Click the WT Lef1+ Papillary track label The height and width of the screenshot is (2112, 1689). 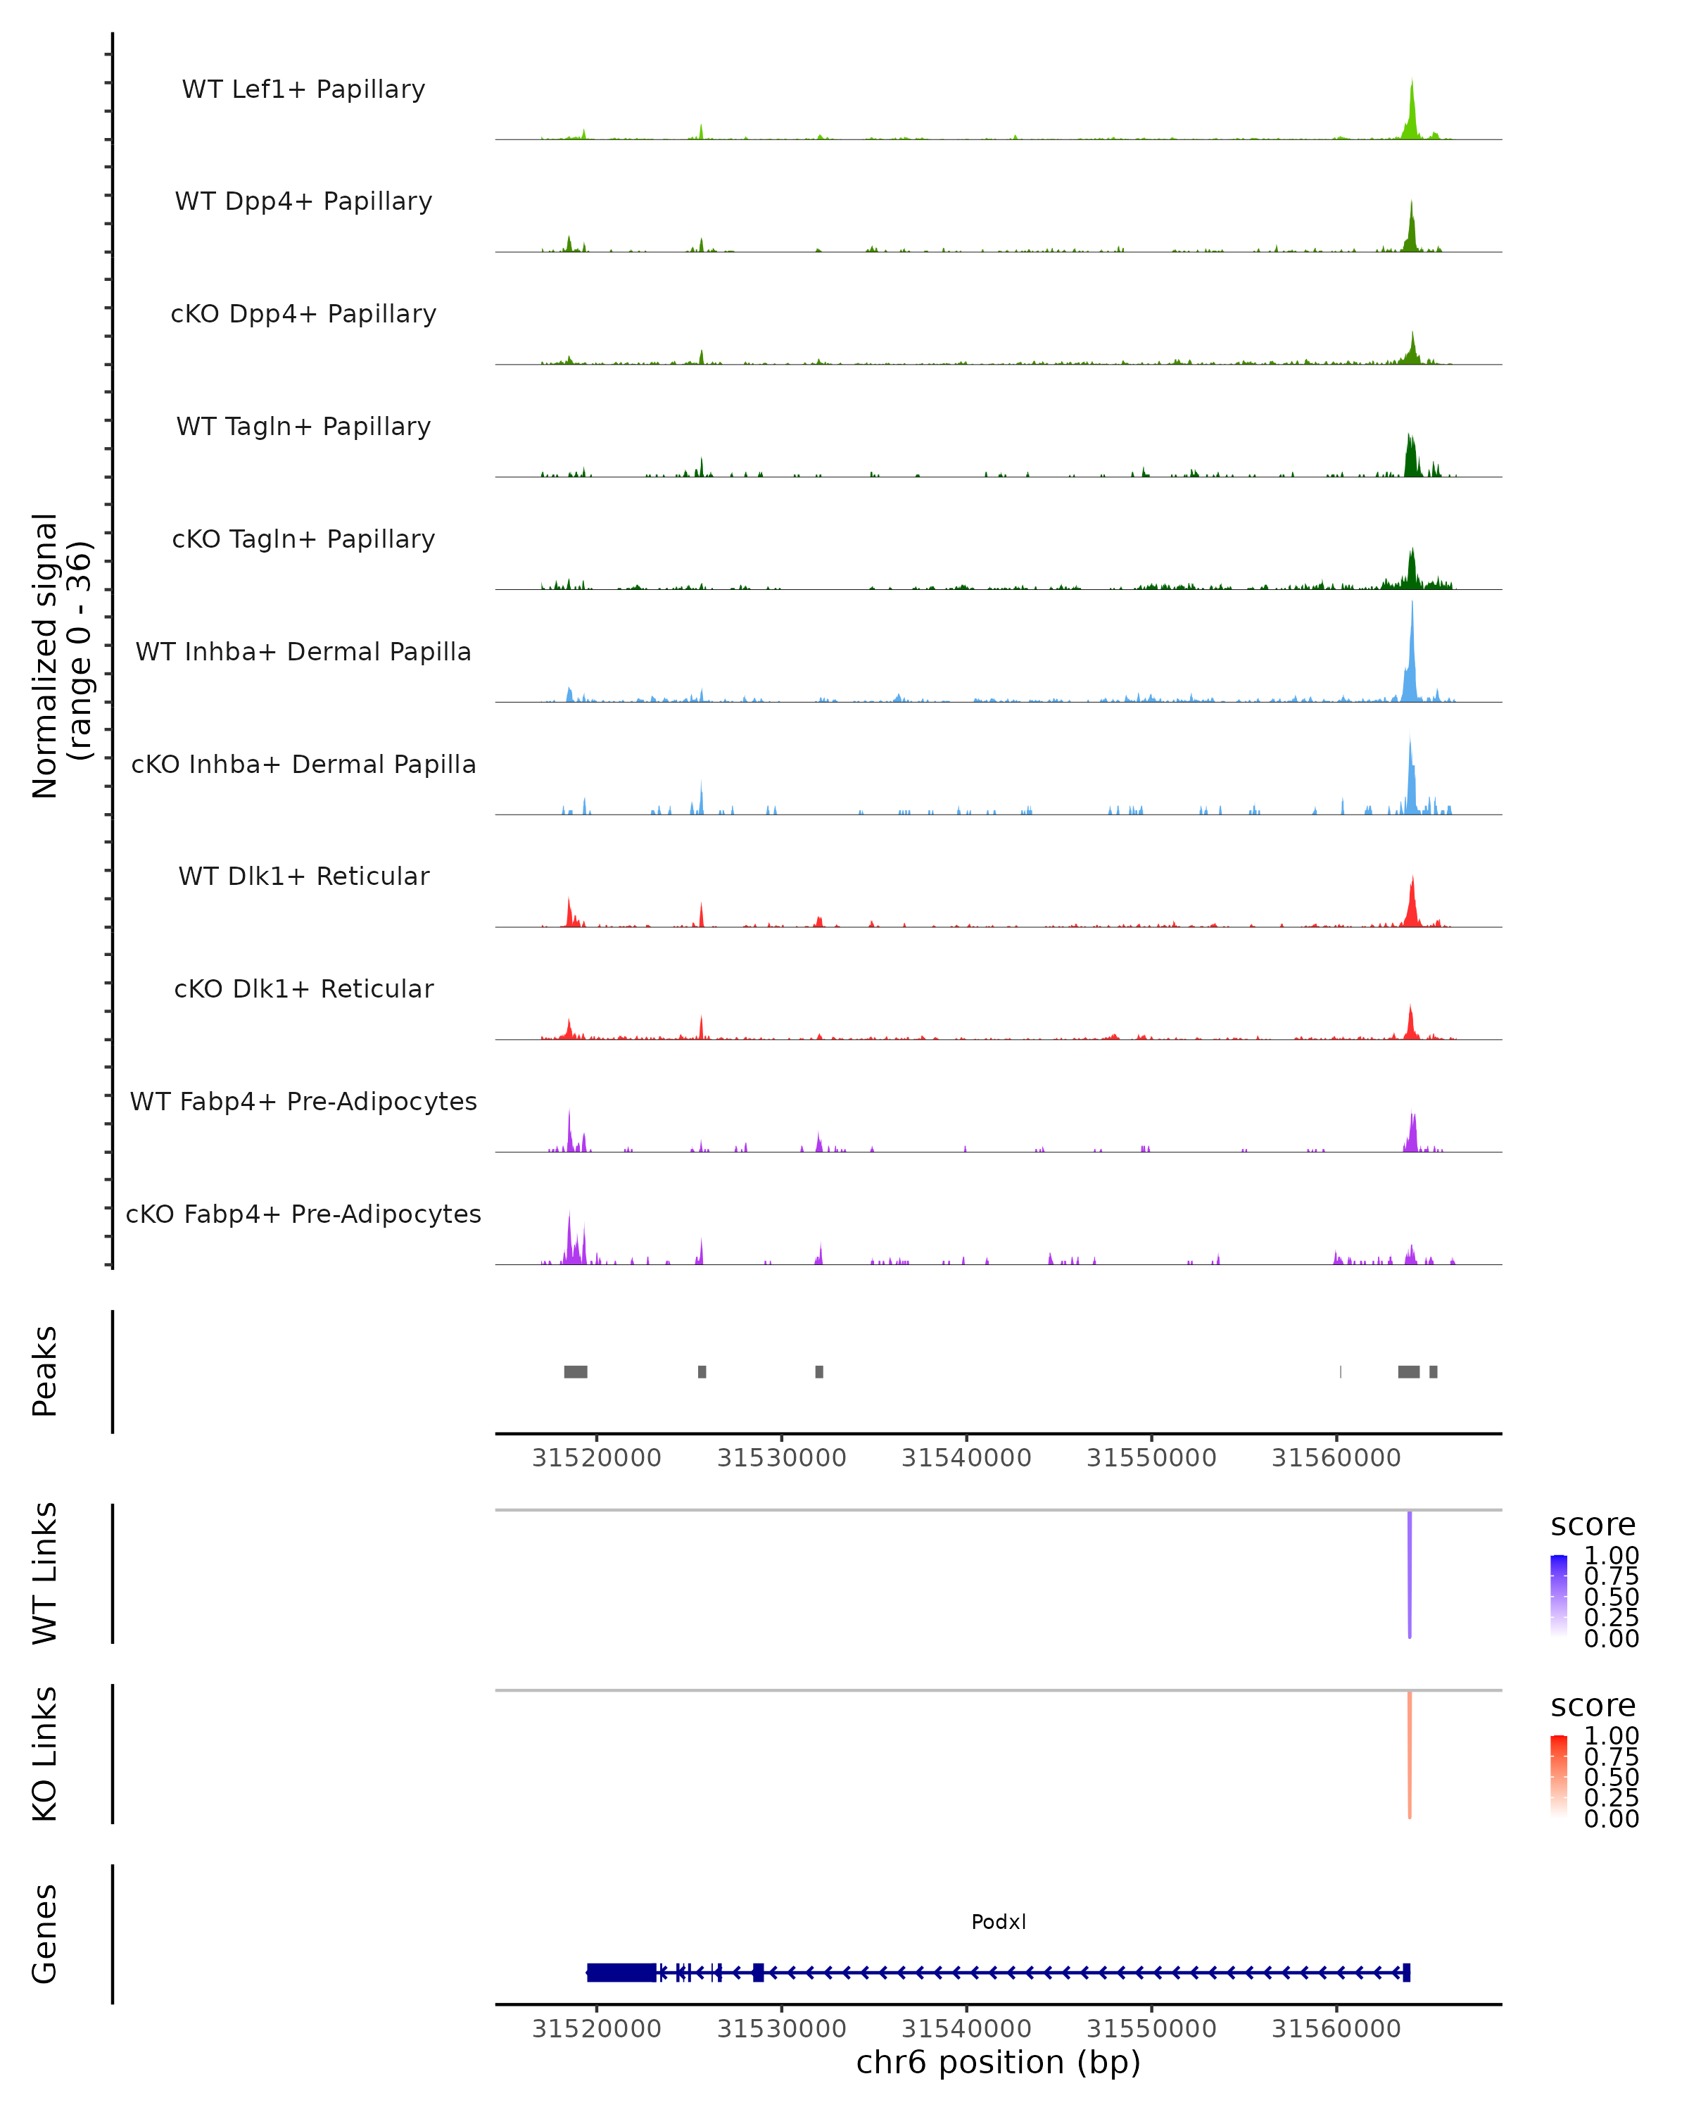coord(303,89)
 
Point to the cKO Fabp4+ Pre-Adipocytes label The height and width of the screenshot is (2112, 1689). coord(303,1214)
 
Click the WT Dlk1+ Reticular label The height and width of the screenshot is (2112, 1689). coord(303,876)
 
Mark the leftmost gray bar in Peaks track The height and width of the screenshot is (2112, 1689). coord(576,1371)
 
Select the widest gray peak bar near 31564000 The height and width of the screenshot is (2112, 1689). coord(1409,1371)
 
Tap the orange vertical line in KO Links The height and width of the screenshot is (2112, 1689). coord(1410,1754)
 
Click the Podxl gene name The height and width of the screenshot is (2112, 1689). coord(999,1922)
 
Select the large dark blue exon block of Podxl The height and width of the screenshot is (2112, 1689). coord(621,1973)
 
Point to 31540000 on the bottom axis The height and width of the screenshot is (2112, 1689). coord(966,2029)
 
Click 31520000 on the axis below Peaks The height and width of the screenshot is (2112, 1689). coord(596,1458)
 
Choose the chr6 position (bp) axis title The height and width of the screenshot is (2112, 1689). coord(999,2063)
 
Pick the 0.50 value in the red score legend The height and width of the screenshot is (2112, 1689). coord(1612,1777)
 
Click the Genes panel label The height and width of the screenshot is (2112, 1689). coord(45,1934)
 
